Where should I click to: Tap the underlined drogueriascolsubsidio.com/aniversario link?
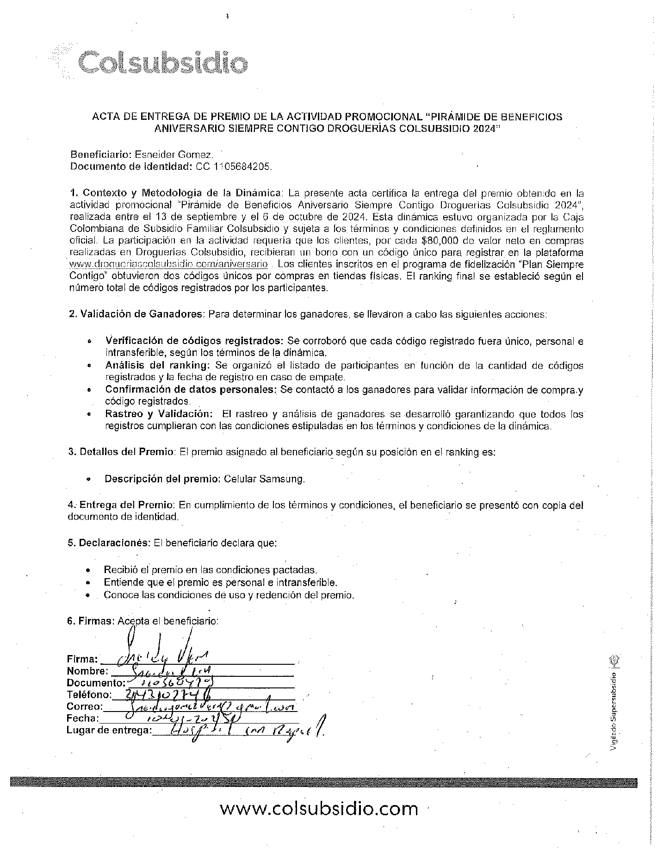[x=168, y=264]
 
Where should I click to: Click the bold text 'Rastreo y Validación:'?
[x=159, y=414]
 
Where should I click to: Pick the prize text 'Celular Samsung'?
[x=264, y=479]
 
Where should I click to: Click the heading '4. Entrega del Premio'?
[x=121, y=504]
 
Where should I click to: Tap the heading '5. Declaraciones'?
[x=109, y=543]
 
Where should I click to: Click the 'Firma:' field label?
[x=82, y=659]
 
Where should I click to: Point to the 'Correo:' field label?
[x=85, y=707]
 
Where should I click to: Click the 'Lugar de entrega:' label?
[x=109, y=730]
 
